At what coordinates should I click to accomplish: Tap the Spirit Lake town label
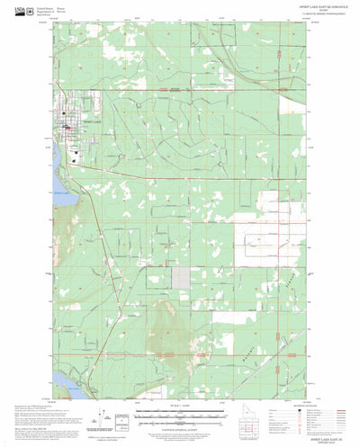pos(92,120)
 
